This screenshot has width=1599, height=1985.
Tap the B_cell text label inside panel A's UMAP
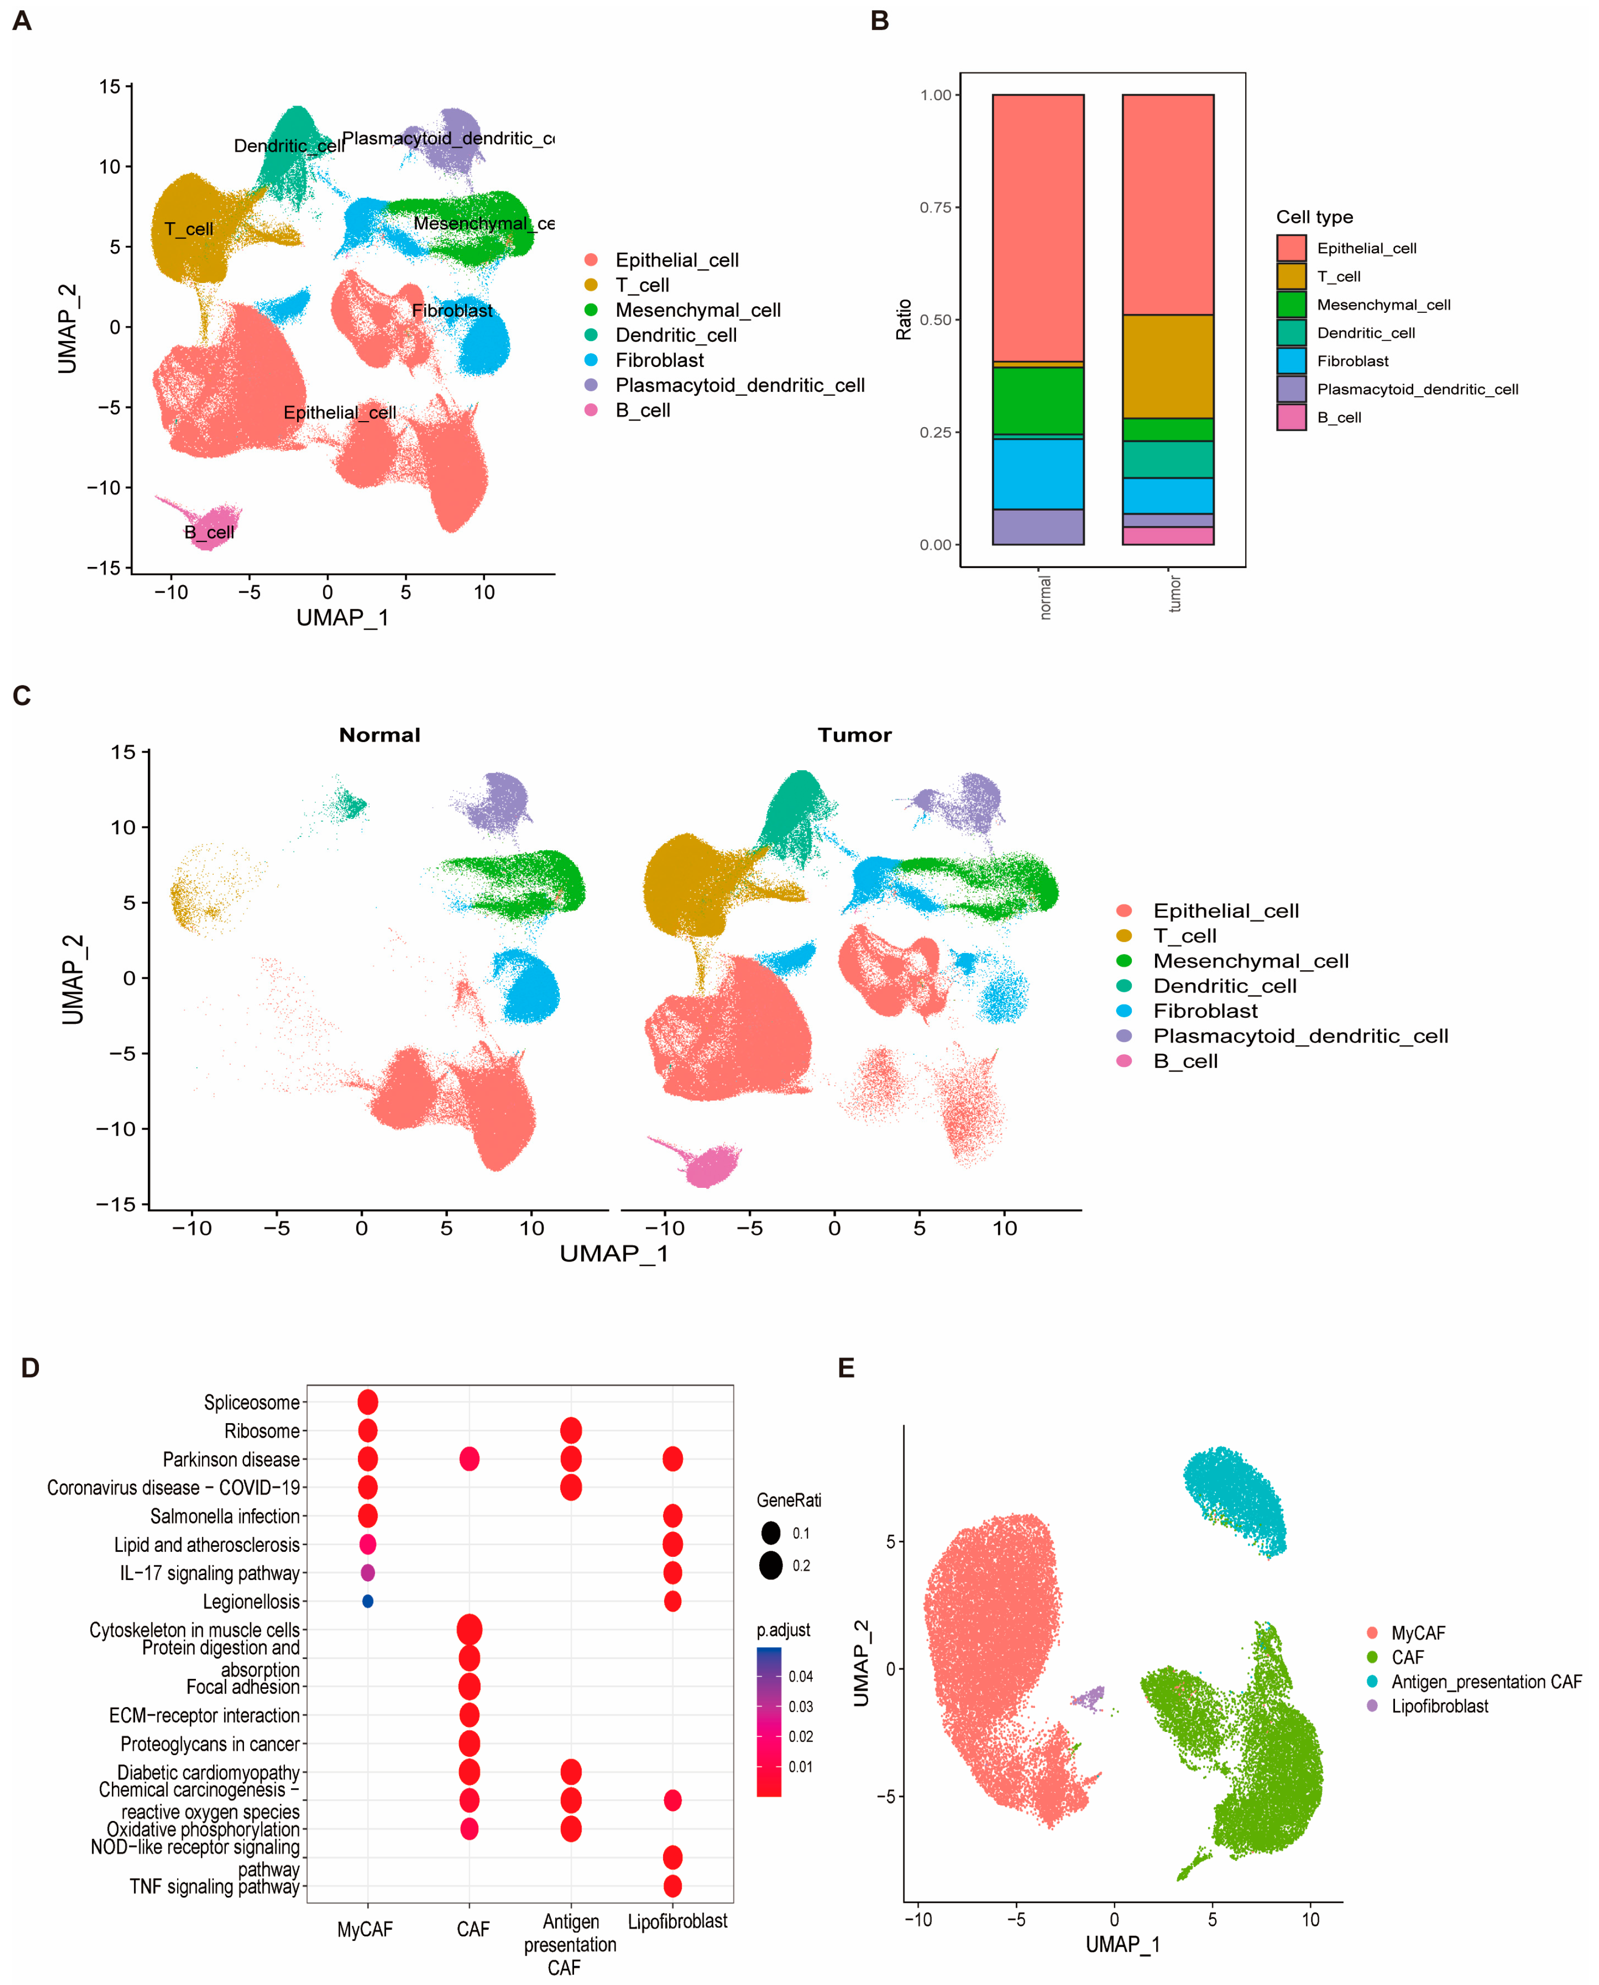point(209,532)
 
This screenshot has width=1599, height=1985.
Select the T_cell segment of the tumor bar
point(1167,366)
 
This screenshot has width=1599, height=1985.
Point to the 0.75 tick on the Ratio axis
point(936,207)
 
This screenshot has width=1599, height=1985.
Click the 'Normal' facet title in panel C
point(380,735)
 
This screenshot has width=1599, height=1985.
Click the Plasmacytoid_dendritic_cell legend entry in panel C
point(1300,1036)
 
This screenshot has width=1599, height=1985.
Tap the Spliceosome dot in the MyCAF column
point(367,1402)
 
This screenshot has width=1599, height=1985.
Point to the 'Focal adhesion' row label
point(242,1686)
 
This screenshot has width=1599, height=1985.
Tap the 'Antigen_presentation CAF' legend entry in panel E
point(1485,1682)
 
